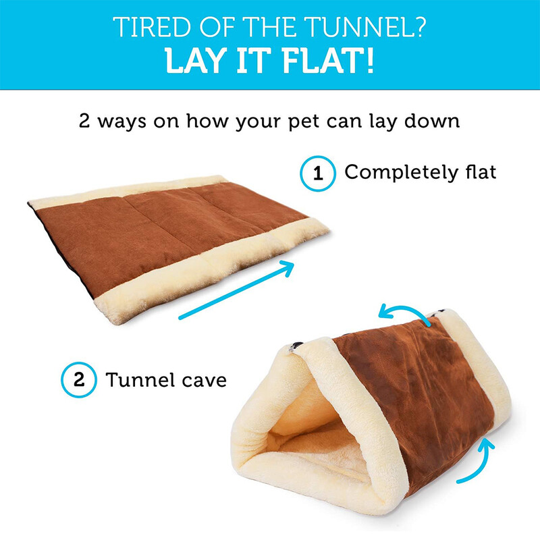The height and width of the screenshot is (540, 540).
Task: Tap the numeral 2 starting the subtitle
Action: click(x=84, y=121)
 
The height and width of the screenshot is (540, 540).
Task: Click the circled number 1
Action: click(x=317, y=173)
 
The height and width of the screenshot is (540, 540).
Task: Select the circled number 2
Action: click(x=79, y=379)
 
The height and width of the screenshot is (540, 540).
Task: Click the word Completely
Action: click(x=401, y=173)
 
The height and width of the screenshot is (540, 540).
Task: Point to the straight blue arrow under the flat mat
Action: click(x=236, y=290)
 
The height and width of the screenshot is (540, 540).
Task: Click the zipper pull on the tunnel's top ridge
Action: click(x=296, y=346)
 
